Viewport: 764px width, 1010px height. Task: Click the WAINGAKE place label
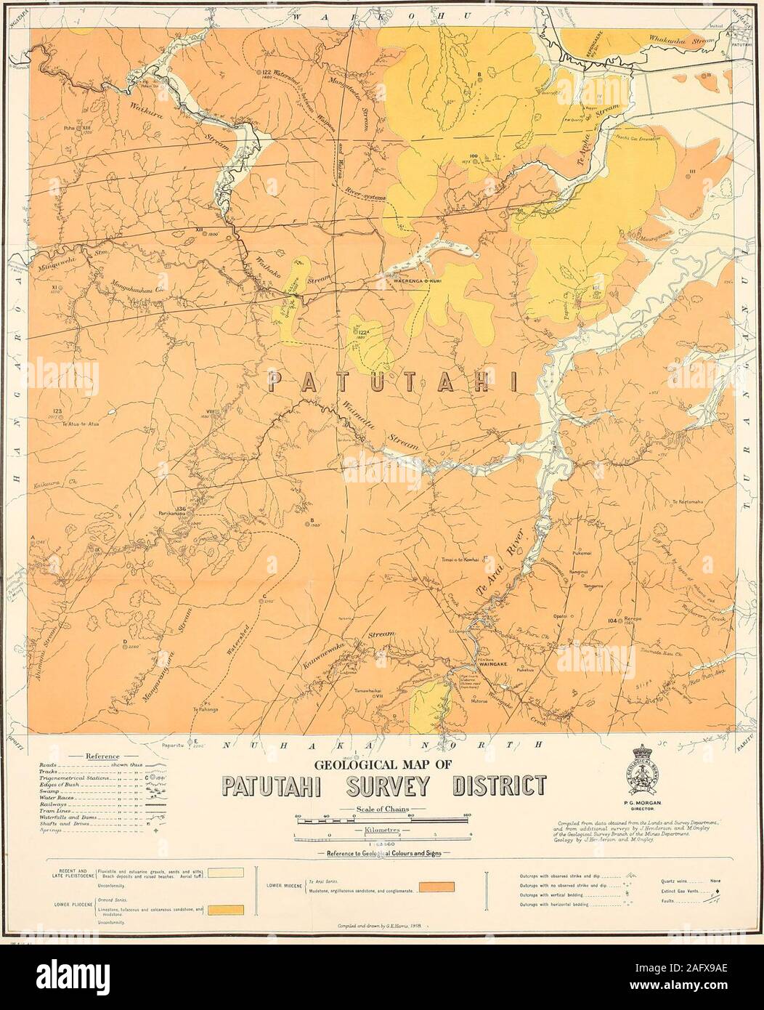[482, 663]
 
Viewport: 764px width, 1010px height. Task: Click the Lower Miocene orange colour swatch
[436, 886]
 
